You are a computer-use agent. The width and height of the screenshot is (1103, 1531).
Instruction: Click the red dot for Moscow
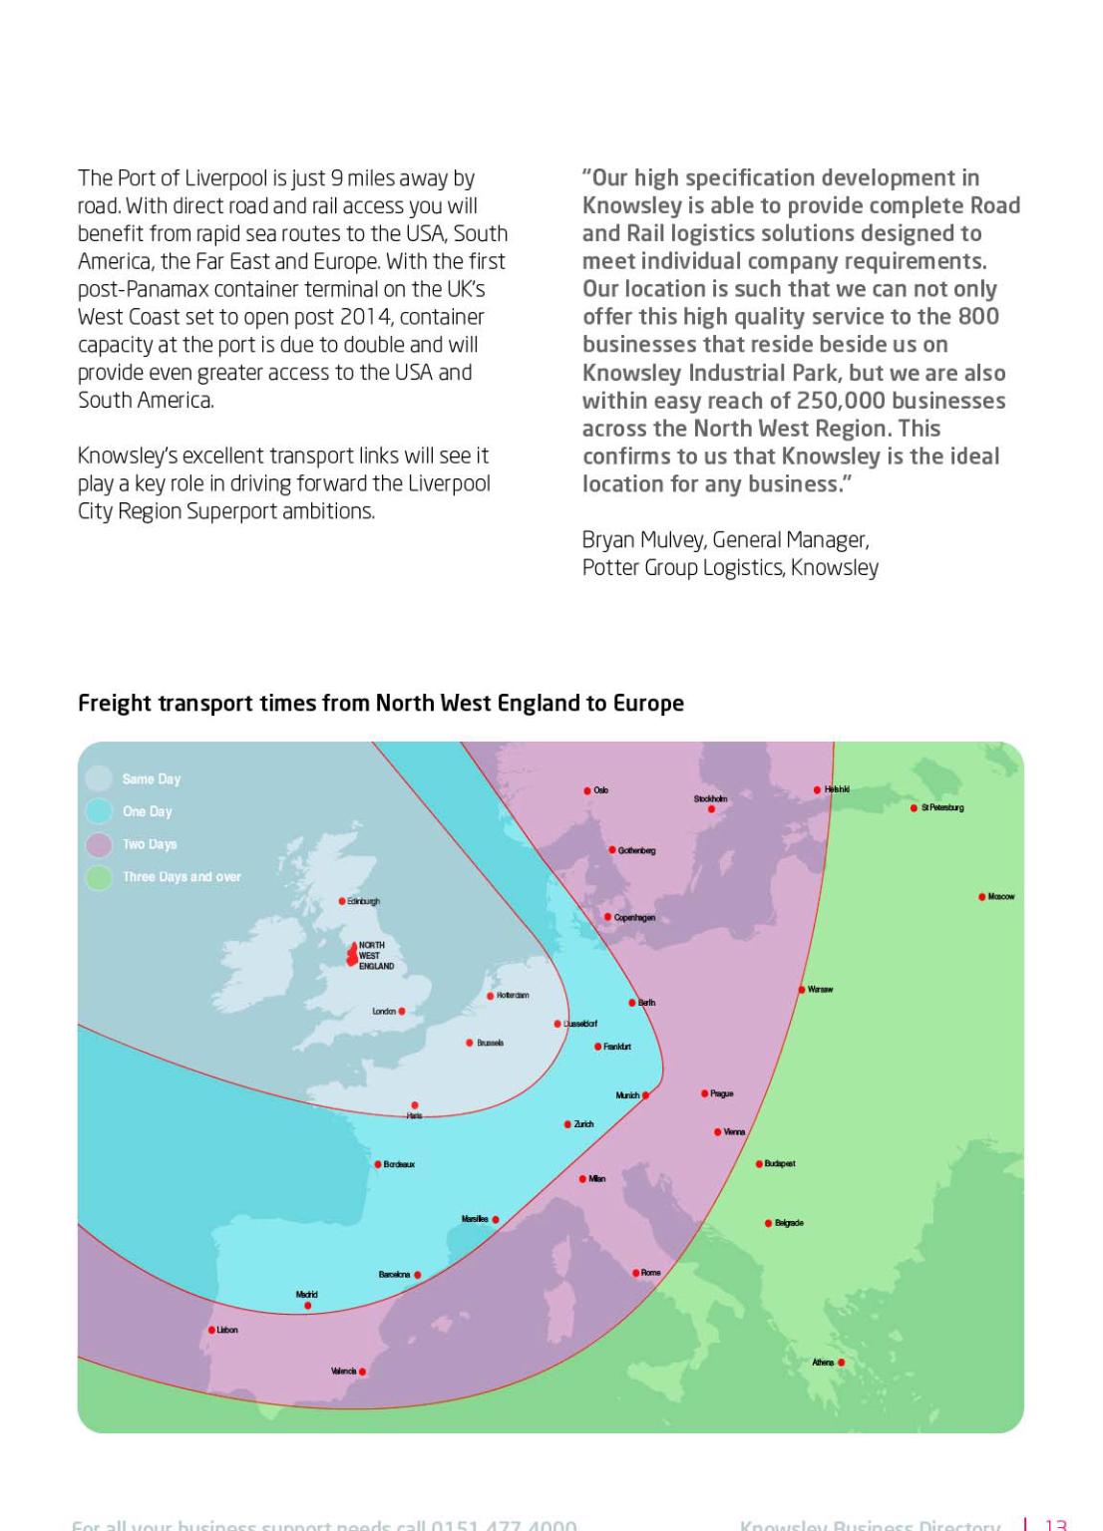coord(982,897)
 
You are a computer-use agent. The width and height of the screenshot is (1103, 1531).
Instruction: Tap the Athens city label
coord(823,1363)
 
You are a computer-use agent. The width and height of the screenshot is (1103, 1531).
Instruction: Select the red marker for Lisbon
coord(211,1330)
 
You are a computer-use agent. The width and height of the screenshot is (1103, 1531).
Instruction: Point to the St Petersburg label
coord(942,807)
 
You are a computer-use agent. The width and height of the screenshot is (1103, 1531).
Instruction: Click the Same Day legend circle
coord(99,778)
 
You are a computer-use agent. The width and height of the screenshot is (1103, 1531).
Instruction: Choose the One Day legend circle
coord(99,811)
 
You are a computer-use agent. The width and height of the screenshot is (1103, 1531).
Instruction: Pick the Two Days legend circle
coord(99,844)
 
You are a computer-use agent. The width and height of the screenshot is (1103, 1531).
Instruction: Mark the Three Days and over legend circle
coord(99,877)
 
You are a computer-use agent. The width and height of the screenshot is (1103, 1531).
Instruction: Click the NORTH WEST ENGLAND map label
coord(376,955)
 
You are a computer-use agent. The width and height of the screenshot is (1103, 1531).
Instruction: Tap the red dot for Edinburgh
coord(342,901)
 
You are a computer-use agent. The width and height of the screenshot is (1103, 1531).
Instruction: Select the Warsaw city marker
coord(802,990)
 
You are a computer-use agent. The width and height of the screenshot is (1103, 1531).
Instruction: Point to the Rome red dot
coord(636,1273)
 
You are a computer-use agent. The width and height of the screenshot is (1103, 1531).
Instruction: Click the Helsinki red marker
coord(817,789)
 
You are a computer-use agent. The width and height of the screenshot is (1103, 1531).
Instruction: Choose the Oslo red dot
coord(587,790)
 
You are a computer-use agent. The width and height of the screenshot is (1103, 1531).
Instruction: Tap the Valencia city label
coord(343,1372)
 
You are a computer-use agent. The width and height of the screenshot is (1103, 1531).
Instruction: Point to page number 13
coord(1055,1524)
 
